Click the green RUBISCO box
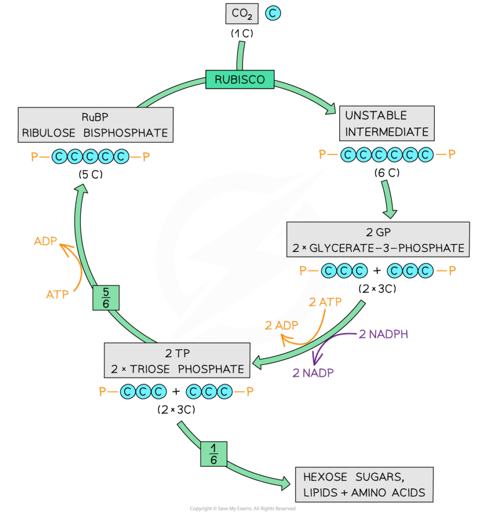[x=240, y=79]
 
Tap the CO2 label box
[x=242, y=14]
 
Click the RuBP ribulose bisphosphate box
[x=95, y=125]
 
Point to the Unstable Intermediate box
[x=386, y=123]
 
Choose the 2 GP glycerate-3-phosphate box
[x=378, y=240]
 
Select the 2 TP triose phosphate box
[x=177, y=361]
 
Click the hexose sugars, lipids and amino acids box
[x=364, y=484]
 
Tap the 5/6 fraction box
[x=106, y=297]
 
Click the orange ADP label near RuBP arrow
[x=46, y=241]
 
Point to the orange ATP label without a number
[x=57, y=295]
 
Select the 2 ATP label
[x=325, y=302]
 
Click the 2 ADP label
[x=281, y=325]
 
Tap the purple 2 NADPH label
[x=383, y=334]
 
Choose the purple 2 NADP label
[x=313, y=372]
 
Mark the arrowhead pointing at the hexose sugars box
[x=286, y=483]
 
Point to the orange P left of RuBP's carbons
[x=34, y=158]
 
